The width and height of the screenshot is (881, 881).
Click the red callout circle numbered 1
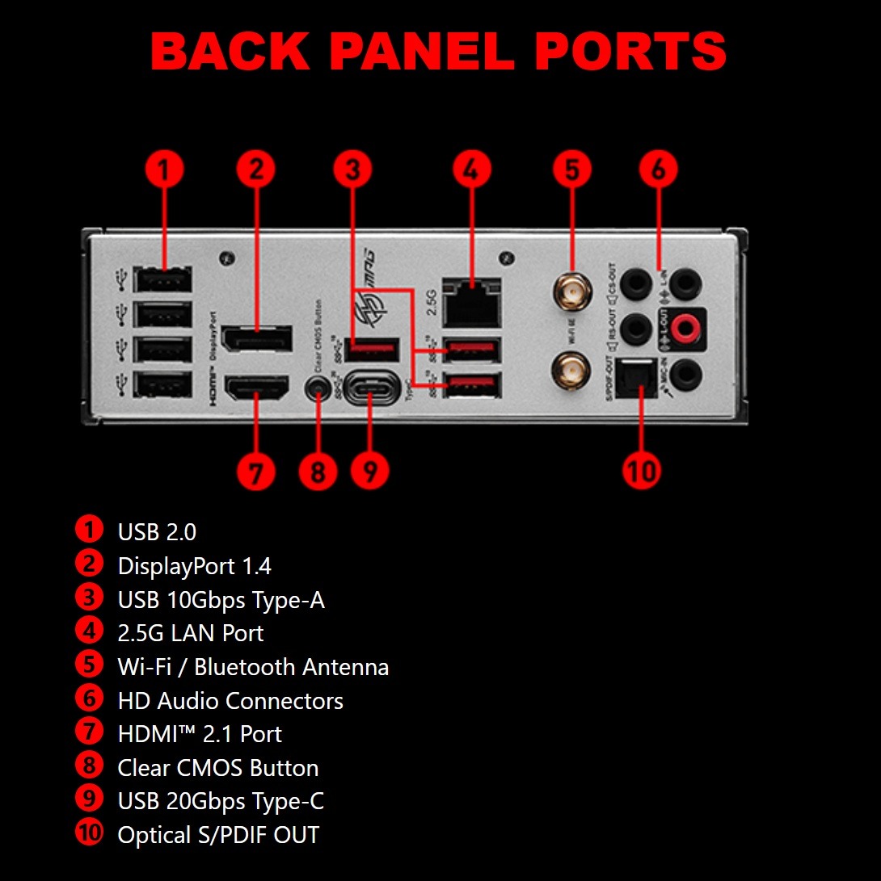click(x=165, y=170)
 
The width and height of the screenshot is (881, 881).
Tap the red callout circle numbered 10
click(x=642, y=469)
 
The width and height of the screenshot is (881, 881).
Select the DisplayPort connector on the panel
click(x=258, y=338)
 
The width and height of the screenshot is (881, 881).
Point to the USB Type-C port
click(x=371, y=390)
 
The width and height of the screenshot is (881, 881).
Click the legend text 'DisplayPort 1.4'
click(x=194, y=566)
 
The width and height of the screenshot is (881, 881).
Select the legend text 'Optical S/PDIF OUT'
click(x=218, y=835)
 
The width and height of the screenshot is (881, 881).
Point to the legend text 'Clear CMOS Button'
click(x=217, y=768)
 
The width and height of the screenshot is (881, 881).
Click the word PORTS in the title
click(x=630, y=51)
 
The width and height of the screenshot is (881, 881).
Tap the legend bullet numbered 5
click(x=89, y=665)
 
